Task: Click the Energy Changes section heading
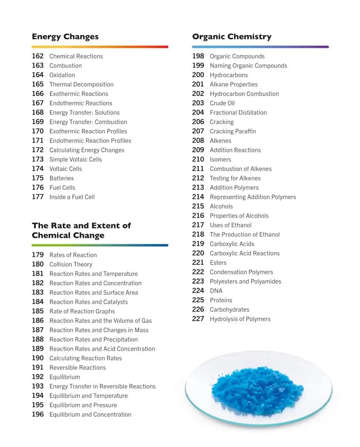[x=65, y=37]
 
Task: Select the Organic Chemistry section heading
[x=232, y=37]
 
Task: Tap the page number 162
[x=37, y=56]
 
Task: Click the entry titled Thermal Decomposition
[x=81, y=84]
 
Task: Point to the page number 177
[x=37, y=197]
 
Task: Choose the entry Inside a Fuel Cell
[x=72, y=197]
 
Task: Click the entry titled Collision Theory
[x=71, y=264]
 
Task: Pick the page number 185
[x=37, y=311]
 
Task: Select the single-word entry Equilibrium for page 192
[x=65, y=377]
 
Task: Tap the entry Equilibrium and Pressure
[x=83, y=405]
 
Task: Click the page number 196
[x=37, y=414]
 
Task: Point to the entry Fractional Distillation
[x=238, y=113]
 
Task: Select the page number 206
[x=198, y=122]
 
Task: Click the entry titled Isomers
[x=220, y=159]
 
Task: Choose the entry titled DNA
[x=216, y=291]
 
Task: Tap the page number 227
[x=198, y=319]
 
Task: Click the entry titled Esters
[x=218, y=263]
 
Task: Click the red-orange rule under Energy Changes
[x=100, y=47]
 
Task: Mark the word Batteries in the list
[x=62, y=178]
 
